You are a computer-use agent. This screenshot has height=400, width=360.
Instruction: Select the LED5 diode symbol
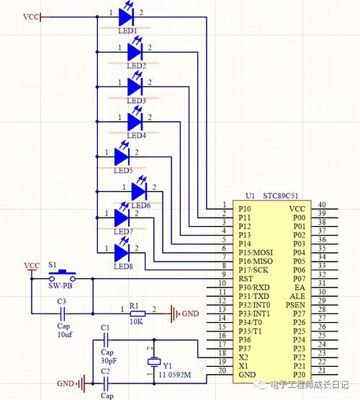coord(122,156)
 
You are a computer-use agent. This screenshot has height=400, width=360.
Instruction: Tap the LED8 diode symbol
coord(122,252)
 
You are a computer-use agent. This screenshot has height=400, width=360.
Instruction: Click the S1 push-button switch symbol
coord(63,275)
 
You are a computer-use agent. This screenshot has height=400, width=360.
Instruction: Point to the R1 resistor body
coord(138,314)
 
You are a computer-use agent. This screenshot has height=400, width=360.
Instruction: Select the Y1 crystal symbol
coord(154,362)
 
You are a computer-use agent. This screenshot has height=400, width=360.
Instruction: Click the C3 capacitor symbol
coord(63,314)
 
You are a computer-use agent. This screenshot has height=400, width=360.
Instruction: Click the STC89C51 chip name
coord(281,195)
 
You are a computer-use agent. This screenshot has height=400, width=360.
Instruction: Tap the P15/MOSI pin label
coord(256,252)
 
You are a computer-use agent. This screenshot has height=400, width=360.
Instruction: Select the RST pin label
coord(246,279)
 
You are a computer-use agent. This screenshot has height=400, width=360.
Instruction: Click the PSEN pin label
coord(295,305)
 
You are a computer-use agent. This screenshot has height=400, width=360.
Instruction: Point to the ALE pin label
coord(297,296)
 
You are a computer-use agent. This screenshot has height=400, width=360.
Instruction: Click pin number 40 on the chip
coord(322,205)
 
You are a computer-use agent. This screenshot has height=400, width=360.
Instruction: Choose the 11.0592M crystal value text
coord(175,375)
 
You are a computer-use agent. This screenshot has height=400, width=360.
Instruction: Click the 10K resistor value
coord(137,321)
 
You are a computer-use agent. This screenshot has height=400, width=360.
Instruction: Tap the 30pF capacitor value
coord(109,360)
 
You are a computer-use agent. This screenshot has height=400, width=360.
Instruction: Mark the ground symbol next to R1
coord(175,314)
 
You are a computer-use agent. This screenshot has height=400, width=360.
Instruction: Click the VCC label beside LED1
coord(32,17)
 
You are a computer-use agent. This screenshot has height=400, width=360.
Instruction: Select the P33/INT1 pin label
coord(254,314)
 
